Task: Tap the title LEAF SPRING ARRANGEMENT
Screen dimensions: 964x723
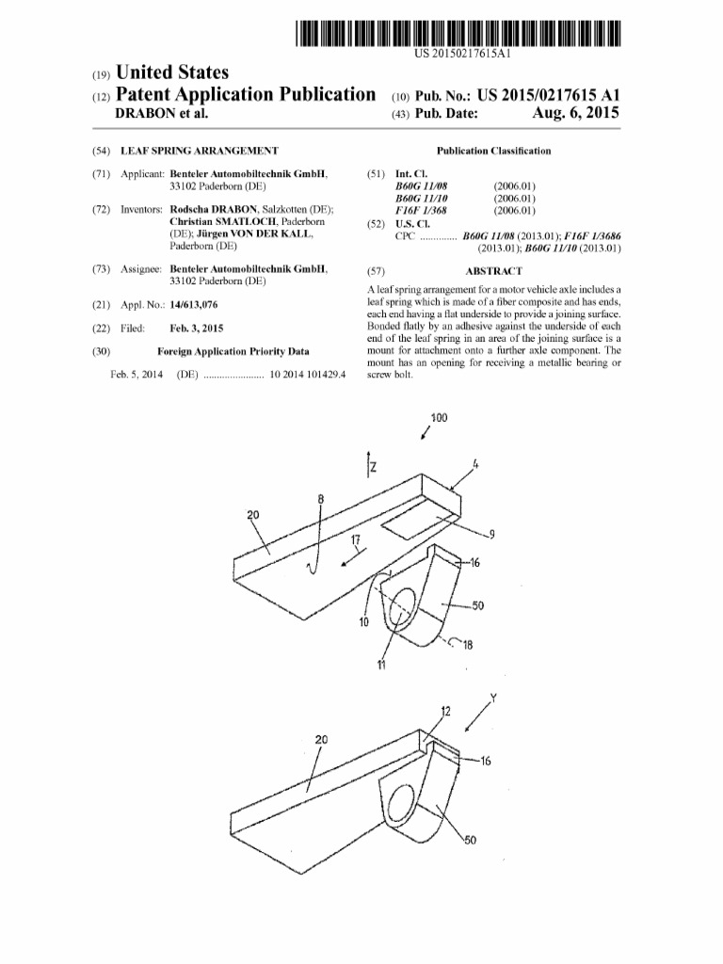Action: click(x=199, y=151)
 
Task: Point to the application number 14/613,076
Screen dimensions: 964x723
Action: click(x=200, y=305)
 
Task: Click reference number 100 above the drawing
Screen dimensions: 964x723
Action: click(x=439, y=417)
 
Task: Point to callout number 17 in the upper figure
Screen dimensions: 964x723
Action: click(x=356, y=539)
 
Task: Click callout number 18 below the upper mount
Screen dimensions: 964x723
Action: click(x=468, y=644)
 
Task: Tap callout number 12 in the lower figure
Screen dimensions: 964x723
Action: click(x=446, y=712)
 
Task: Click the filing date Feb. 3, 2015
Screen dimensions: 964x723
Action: click(x=198, y=328)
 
